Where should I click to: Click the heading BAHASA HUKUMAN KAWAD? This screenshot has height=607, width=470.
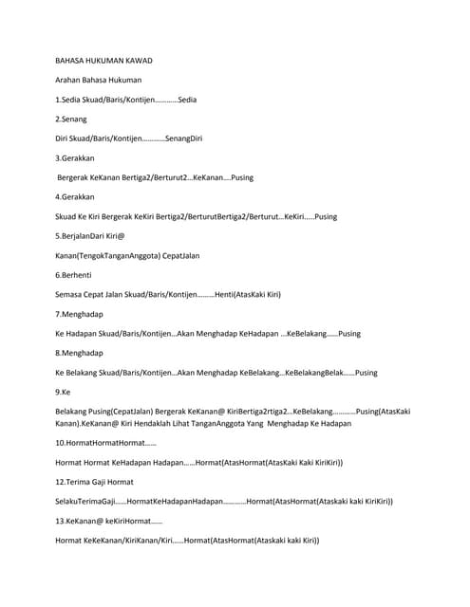pos(103,61)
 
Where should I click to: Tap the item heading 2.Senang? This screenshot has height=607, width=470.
pos(71,120)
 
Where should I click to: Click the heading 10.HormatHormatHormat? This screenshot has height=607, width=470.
pos(105,443)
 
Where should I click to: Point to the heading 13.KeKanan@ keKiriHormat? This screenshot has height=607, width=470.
pos(108,521)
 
